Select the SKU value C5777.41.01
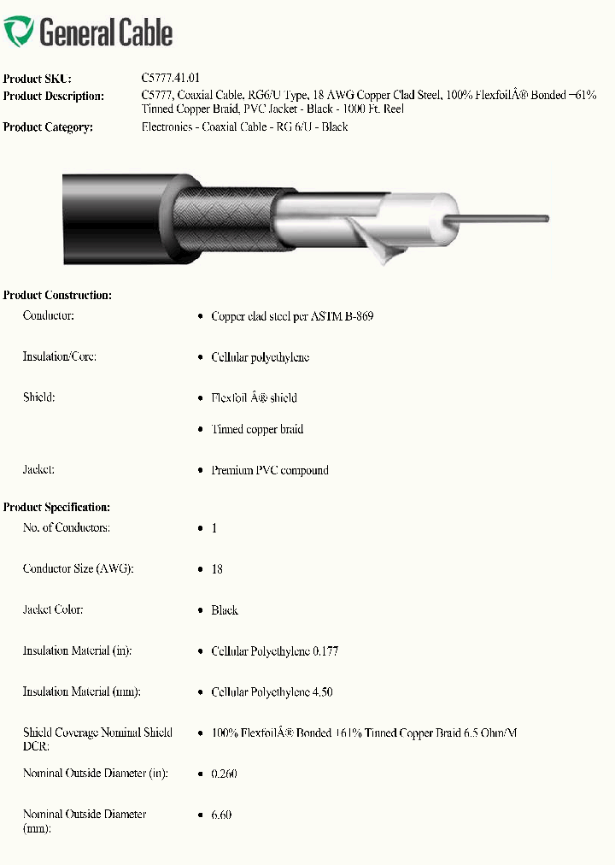click(x=171, y=78)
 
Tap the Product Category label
click(x=48, y=127)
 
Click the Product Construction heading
click(x=57, y=295)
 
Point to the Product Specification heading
click(x=56, y=507)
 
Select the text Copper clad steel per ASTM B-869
click(x=292, y=316)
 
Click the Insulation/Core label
click(x=59, y=356)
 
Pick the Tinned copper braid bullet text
click(x=257, y=429)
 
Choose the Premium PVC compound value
click(x=270, y=470)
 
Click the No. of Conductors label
click(x=66, y=527)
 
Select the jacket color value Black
click(x=225, y=610)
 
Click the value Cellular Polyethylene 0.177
click(x=275, y=651)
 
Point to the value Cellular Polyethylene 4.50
click(x=272, y=692)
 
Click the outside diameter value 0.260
click(x=224, y=774)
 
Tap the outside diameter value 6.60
click(x=221, y=815)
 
